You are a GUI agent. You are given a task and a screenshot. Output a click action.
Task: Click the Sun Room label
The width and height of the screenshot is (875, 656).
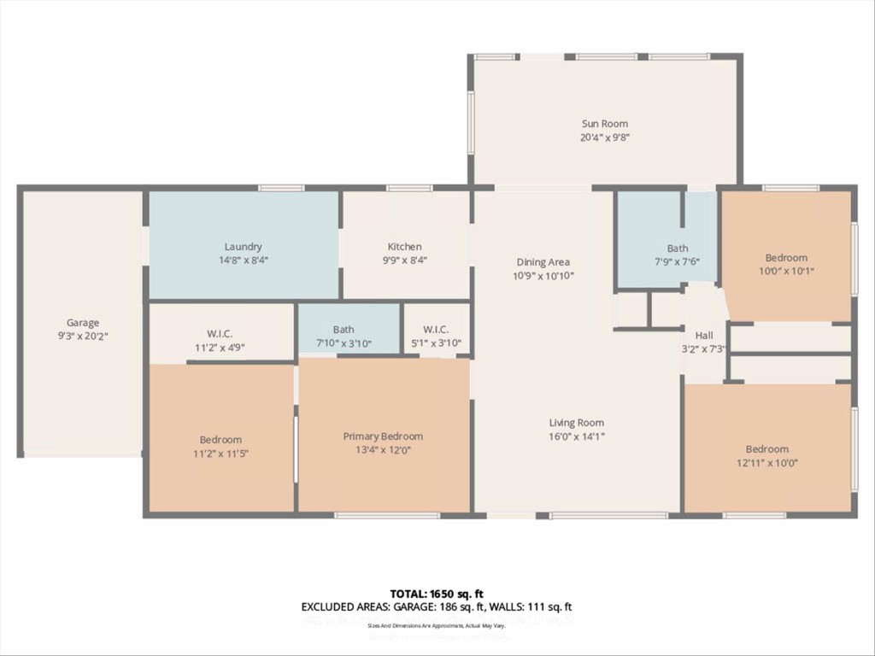tap(605, 124)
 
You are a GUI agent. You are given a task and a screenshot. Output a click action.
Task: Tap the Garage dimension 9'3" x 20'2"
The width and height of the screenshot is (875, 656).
tap(83, 336)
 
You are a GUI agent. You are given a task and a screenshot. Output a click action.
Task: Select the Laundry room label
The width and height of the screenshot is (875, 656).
tap(244, 247)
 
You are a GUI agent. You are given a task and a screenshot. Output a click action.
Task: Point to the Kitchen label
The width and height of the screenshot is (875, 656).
tap(405, 247)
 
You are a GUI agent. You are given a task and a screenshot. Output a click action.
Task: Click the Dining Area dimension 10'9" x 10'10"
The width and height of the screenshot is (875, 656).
tap(543, 276)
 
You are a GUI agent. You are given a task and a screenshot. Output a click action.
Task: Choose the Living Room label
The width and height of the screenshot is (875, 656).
tap(577, 423)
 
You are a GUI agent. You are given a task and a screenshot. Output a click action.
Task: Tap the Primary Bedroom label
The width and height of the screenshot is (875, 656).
tap(383, 436)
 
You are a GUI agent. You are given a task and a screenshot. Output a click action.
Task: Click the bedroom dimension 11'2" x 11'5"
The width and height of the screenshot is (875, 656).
tap(221, 454)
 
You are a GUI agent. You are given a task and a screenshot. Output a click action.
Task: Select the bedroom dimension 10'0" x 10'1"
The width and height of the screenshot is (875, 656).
tap(786, 272)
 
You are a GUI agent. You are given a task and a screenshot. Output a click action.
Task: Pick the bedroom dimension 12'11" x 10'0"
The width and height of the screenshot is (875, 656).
tap(766, 463)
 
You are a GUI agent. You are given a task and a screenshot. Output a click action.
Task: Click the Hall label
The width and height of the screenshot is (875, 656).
tap(704, 336)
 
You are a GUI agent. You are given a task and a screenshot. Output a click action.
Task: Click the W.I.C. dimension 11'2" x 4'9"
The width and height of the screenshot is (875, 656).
tap(220, 348)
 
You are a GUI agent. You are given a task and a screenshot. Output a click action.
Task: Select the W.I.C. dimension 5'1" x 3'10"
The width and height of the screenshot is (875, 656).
tap(435, 343)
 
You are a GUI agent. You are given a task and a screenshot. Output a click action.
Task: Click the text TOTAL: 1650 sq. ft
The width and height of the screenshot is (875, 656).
tap(437, 594)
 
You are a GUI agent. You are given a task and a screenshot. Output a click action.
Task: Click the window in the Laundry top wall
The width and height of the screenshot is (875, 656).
tap(281, 188)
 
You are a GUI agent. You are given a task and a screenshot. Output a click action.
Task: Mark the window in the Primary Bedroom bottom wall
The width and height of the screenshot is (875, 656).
tap(386, 515)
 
